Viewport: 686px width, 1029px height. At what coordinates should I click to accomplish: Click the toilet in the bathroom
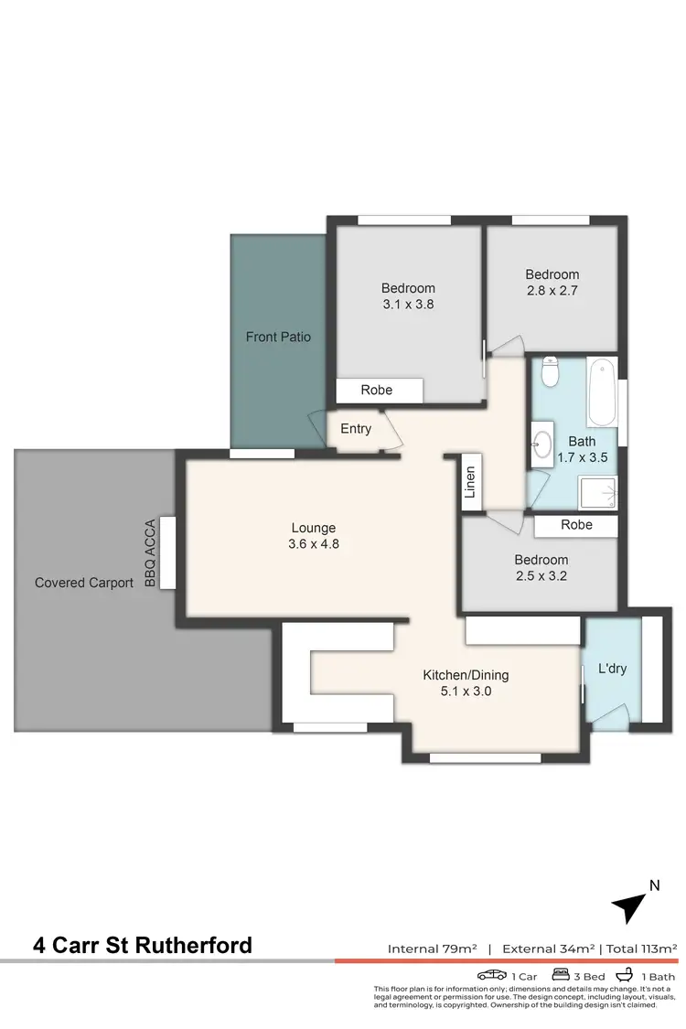[551, 372]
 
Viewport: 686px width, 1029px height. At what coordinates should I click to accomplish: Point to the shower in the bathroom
[596, 491]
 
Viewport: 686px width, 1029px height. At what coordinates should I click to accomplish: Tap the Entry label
[356, 428]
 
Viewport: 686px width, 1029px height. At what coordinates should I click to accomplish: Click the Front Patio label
[278, 337]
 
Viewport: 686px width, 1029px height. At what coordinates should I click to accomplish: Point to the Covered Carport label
[84, 583]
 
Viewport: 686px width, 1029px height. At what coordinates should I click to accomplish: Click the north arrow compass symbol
[629, 905]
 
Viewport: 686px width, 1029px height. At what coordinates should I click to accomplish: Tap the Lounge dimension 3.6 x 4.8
[314, 544]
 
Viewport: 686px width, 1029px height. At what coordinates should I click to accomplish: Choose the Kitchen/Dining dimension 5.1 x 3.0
[465, 691]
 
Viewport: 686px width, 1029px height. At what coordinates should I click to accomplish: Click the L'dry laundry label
[612, 669]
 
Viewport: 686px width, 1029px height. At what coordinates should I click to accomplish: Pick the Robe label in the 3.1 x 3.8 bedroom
[376, 390]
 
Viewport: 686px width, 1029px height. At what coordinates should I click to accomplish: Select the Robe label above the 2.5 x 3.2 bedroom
[576, 525]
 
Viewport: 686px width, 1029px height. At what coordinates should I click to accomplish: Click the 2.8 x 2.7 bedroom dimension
[552, 290]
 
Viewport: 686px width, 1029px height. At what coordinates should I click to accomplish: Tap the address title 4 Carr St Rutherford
[142, 945]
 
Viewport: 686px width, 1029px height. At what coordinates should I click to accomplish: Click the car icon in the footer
[491, 975]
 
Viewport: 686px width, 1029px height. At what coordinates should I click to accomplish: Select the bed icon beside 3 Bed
[560, 975]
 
